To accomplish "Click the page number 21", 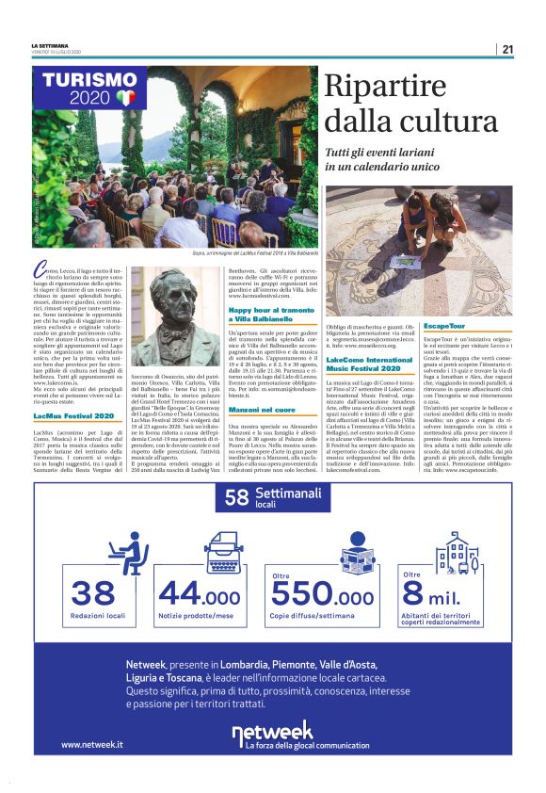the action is (507, 49).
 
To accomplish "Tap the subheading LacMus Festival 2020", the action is (72, 414).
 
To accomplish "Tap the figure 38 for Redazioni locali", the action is (92, 593).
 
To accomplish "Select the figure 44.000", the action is (199, 594).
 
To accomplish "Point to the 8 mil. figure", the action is (438, 594).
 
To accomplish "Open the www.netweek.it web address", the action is (92, 744).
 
